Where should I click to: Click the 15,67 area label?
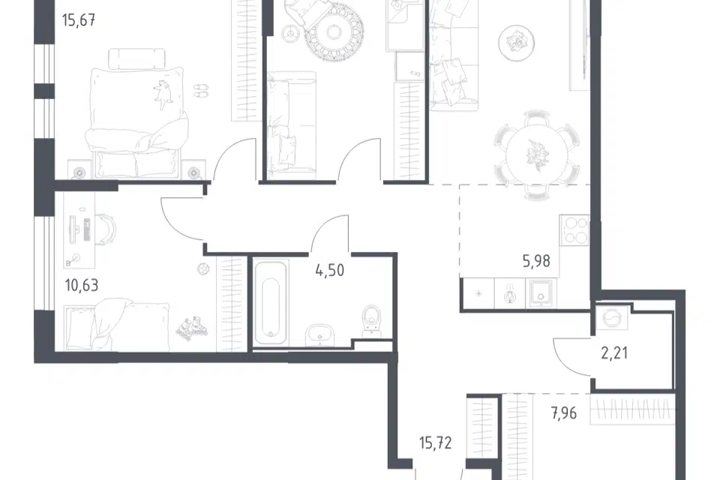(x=79, y=21)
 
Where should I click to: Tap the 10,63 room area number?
(x=82, y=285)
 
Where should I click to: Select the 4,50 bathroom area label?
(x=330, y=271)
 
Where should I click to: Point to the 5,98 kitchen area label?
(x=536, y=261)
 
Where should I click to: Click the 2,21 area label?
(x=614, y=353)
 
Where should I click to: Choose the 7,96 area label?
(x=563, y=413)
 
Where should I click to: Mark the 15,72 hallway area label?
(x=435, y=443)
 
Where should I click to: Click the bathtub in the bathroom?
(x=271, y=304)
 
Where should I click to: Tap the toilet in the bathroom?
(x=371, y=318)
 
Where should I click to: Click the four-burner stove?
(x=574, y=229)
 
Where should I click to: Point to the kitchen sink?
(x=542, y=292)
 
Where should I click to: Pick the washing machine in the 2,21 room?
(x=613, y=317)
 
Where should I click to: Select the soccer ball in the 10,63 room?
(x=203, y=268)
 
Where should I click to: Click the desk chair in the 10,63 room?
(x=106, y=228)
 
